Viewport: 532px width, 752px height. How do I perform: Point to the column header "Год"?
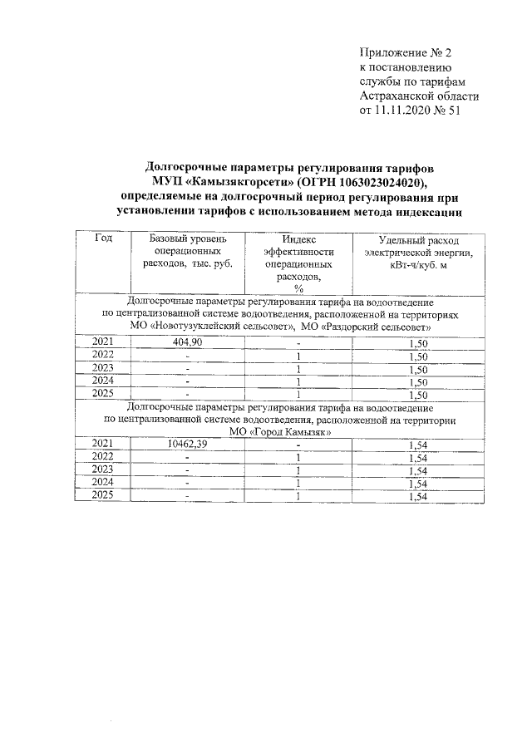(103, 238)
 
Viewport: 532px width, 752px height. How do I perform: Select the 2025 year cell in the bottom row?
(103, 496)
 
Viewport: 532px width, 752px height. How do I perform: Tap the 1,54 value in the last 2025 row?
(418, 496)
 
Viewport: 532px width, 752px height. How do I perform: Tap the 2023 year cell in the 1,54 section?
(103, 471)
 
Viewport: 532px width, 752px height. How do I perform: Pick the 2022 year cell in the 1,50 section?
(103, 356)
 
